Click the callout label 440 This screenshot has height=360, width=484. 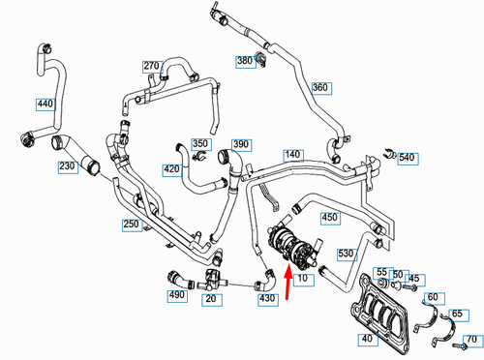[x=45, y=103]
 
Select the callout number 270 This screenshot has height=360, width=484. [x=151, y=66]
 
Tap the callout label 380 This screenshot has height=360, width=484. [x=245, y=61]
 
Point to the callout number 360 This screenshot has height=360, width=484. [x=320, y=87]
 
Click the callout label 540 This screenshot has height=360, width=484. [x=407, y=157]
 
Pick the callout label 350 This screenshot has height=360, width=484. [x=200, y=144]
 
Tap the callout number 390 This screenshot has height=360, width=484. [x=241, y=144]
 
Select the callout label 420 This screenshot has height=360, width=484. [x=171, y=169]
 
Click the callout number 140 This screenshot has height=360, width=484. [x=293, y=154]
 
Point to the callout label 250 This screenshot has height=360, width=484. [x=132, y=224]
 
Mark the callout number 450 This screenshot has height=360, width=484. [x=328, y=217]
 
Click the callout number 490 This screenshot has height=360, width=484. [x=178, y=294]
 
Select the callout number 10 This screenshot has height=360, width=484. [x=302, y=279]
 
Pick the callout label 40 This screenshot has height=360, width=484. [x=366, y=339]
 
